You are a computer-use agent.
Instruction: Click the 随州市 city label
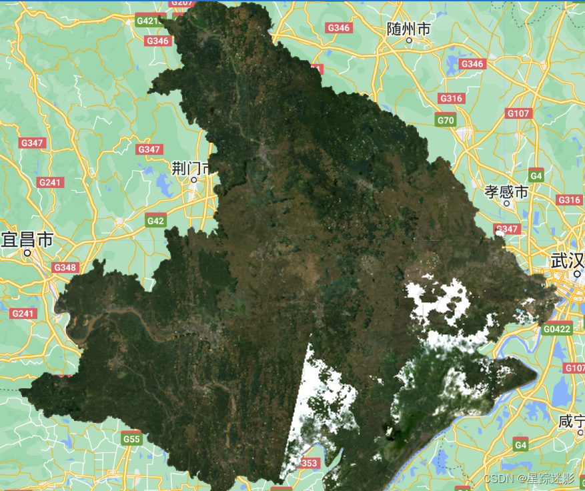[408, 29]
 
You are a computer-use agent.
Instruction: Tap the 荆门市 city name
[191, 167]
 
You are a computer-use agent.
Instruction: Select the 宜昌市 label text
[27, 239]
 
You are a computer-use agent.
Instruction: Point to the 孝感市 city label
[506, 192]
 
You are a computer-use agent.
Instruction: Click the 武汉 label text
[568, 260]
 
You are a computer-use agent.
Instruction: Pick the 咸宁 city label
[572, 422]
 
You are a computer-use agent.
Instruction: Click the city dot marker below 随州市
[409, 40]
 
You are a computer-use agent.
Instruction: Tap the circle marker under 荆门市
[194, 179]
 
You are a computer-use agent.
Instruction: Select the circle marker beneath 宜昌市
[28, 253]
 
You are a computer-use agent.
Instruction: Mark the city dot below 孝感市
[506, 203]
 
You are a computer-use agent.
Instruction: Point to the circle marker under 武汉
[577, 273]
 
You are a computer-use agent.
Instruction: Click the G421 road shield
[147, 21]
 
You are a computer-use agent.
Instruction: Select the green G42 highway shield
[155, 220]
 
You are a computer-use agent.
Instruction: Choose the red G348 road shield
[65, 268]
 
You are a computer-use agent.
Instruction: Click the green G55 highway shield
[131, 439]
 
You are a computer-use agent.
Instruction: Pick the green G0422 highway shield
[556, 328]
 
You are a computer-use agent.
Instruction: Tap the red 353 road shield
[310, 463]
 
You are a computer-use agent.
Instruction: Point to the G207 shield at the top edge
[181, 3]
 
